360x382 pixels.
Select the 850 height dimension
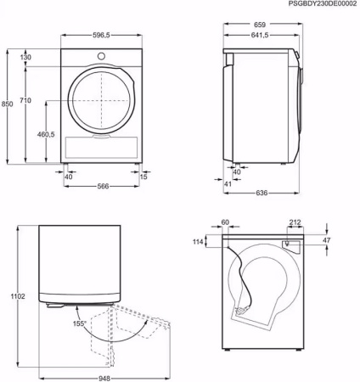pyautogui.click(x=8, y=104)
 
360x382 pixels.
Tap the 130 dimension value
pyautogui.click(x=25, y=58)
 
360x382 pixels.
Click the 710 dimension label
pyautogui.click(x=25, y=101)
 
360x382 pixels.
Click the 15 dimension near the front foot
pyautogui.click(x=143, y=177)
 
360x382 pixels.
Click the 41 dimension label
pyautogui.click(x=228, y=183)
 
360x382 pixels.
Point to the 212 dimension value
pyautogui.click(x=295, y=223)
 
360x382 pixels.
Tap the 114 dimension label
pyautogui.click(x=199, y=243)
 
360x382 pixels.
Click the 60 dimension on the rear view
pyautogui.click(x=225, y=223)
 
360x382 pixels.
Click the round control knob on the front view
pyautogui.click(x=102, y=56)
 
